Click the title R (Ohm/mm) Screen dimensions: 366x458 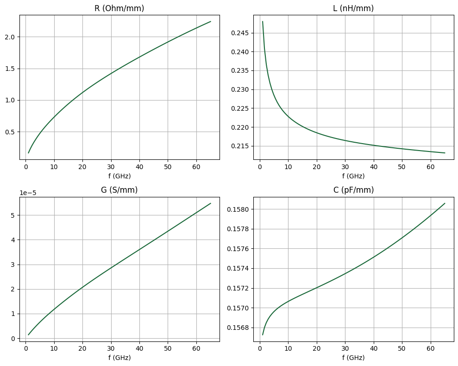119,8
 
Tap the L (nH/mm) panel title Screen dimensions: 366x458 353,8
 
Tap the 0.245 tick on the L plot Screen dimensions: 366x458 242,33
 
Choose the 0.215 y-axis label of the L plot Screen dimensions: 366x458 242,146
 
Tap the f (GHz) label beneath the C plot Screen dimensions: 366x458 353,358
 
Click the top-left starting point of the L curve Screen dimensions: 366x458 263,21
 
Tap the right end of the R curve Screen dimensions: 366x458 211,21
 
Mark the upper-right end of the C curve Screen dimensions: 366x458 445,203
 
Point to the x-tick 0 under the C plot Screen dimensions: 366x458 260,348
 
